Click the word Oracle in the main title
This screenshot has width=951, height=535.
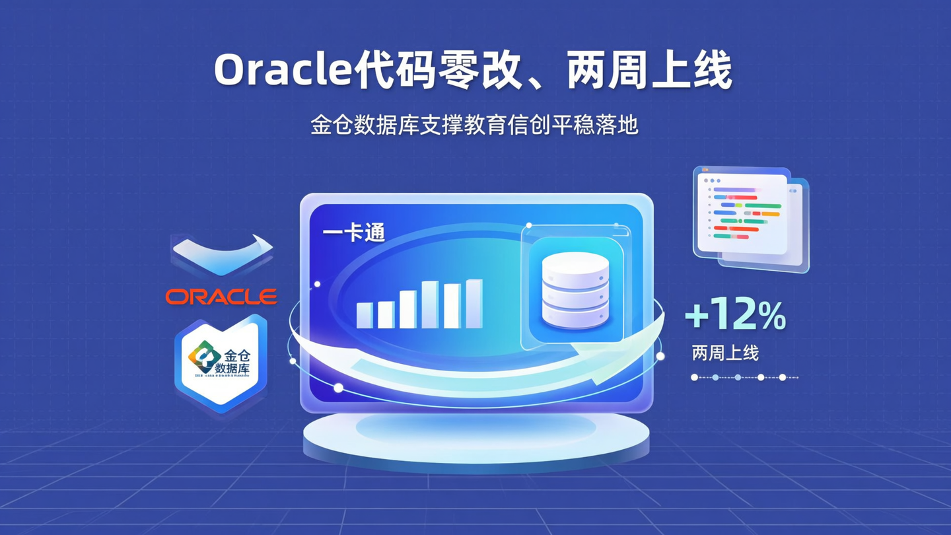[x=282, y=69]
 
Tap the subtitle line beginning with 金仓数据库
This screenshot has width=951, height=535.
[x=475, y=125]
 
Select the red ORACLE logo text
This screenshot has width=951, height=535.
[x=221, y=297]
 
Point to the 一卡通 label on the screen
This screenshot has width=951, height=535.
[x=354, y=233]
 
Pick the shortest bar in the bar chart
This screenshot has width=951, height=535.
[x=364, y=315]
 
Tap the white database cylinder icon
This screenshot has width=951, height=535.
[x=574, y=291]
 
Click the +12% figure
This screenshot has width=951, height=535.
[x=735, y=316]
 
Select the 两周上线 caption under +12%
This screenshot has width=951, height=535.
[x=725, y=353]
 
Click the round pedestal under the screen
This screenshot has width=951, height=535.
[x=475, y=436]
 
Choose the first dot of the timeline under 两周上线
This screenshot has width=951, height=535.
[x=694, y=377]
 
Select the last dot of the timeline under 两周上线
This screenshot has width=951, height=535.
[x=783, y=377]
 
